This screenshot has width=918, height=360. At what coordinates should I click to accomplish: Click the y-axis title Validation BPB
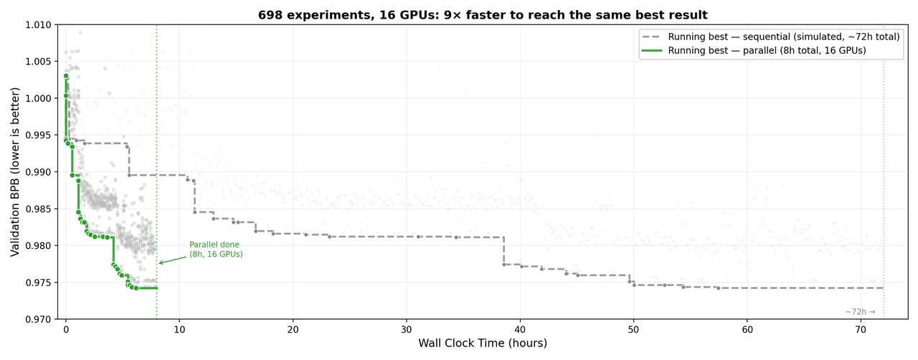(16, 172)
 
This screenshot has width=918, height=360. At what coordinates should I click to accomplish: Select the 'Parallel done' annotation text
(216, 250)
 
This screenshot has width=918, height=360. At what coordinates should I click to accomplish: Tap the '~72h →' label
(860, 312)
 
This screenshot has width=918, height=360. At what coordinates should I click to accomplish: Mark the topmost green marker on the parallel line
(66, 75)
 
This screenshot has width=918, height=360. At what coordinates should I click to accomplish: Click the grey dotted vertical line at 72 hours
(884, 179)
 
